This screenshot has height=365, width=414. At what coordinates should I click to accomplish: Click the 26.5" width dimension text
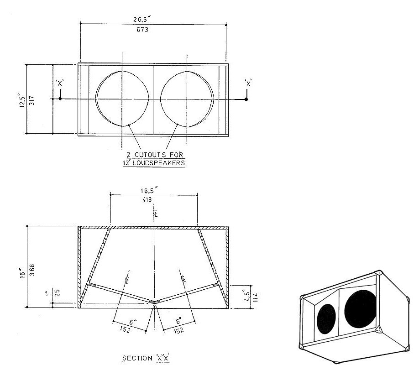(x=142, y=19)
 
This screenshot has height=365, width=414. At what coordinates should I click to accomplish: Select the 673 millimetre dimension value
(x=142, y=30)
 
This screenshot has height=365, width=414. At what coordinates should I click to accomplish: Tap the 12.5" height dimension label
(x=22, y=100)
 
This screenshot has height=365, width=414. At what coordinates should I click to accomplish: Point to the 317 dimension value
(x=31, y=100)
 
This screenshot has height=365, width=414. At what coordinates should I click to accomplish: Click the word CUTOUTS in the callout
(x=150, y=155)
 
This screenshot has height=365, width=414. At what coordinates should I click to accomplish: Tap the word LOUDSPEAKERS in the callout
(x=159, y=163)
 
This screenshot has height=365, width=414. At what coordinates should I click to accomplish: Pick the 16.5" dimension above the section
(x=149, y=190)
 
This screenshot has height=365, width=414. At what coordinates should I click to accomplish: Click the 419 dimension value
(x=147, y=200)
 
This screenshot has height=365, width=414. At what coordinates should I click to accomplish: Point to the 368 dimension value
(x=32, y=270)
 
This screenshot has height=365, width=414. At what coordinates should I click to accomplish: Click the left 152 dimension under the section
(x=125, y=329)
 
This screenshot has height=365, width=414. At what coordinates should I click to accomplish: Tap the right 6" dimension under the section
(x=179, y=321)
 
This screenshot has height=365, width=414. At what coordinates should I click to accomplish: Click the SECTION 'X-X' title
(x=146, y=358)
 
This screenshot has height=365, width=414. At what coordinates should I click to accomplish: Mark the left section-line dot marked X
(x=60, y=99)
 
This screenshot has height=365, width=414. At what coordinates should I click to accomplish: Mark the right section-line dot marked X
(x=246, y=99)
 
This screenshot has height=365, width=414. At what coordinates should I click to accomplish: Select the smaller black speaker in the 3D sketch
(x=326, y=319)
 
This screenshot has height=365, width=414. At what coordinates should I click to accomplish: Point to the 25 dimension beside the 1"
(x=58, y=293)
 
